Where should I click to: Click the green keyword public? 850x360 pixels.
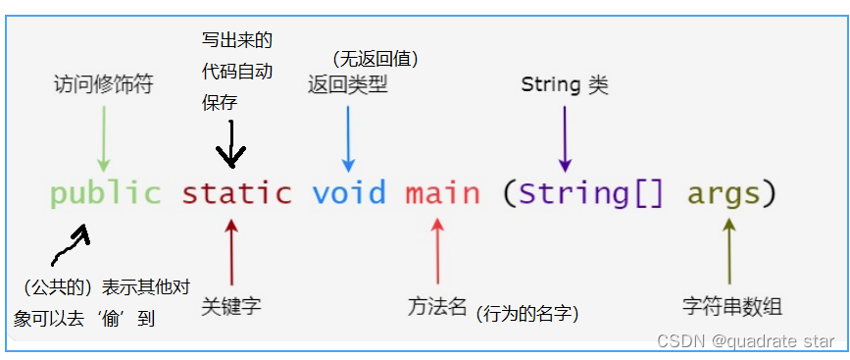(105, 192)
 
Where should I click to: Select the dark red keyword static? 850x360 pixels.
(236, 192)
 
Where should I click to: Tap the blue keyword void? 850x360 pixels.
(349, 192)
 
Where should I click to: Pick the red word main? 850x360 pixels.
(442, 192)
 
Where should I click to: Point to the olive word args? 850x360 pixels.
(723, 192)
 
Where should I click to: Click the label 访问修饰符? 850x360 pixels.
(103, 85)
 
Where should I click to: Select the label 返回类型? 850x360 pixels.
(347, 84)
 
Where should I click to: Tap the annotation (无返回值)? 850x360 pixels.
(375, 60)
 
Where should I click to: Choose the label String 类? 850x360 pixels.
(565, 84)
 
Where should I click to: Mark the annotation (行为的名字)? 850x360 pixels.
(527, 314)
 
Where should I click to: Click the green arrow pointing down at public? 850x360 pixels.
(104, 137)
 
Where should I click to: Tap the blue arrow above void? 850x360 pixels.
(348, 137)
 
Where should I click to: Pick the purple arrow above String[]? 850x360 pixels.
(565, 137)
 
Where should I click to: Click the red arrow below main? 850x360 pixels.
(438, 250)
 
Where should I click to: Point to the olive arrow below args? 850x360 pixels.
(728, 250)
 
